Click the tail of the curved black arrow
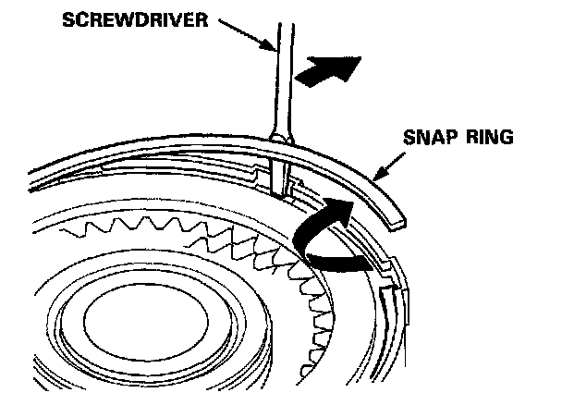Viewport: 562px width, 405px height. coord(365,266)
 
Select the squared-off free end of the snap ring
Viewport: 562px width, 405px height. coord(396,220)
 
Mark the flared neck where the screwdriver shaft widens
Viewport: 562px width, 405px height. coord(278,135)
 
